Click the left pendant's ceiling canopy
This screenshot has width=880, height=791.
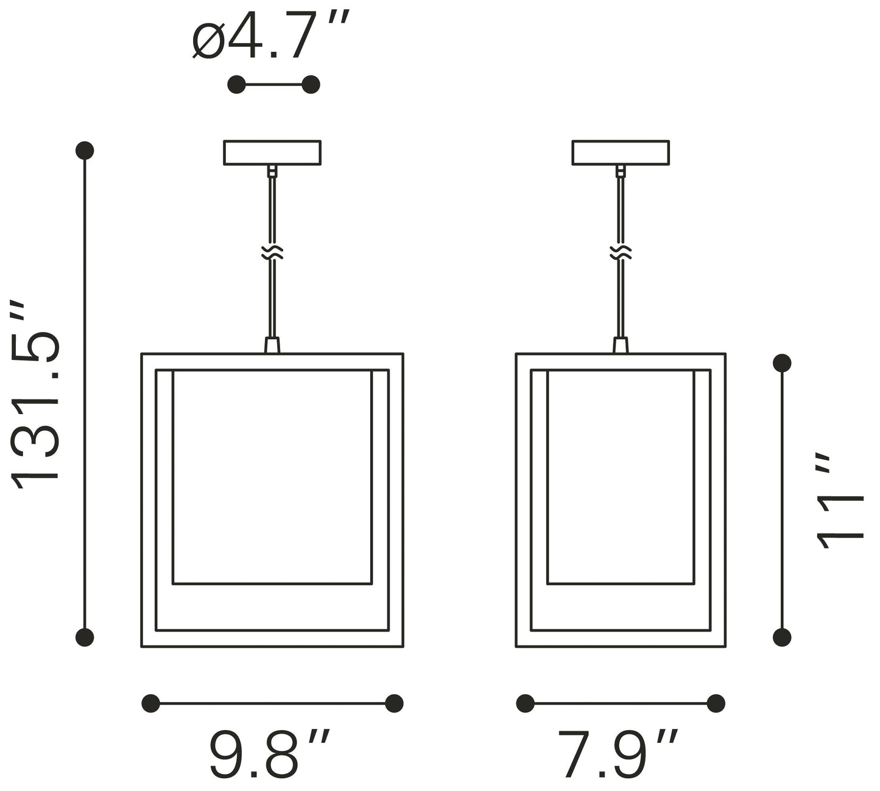(272, 153)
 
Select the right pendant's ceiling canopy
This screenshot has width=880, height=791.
(621, 153)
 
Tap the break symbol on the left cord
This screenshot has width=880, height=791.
(272, 252)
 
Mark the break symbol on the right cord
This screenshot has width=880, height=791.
(621, 252)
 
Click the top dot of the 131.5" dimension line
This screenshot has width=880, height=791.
(85, 150)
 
